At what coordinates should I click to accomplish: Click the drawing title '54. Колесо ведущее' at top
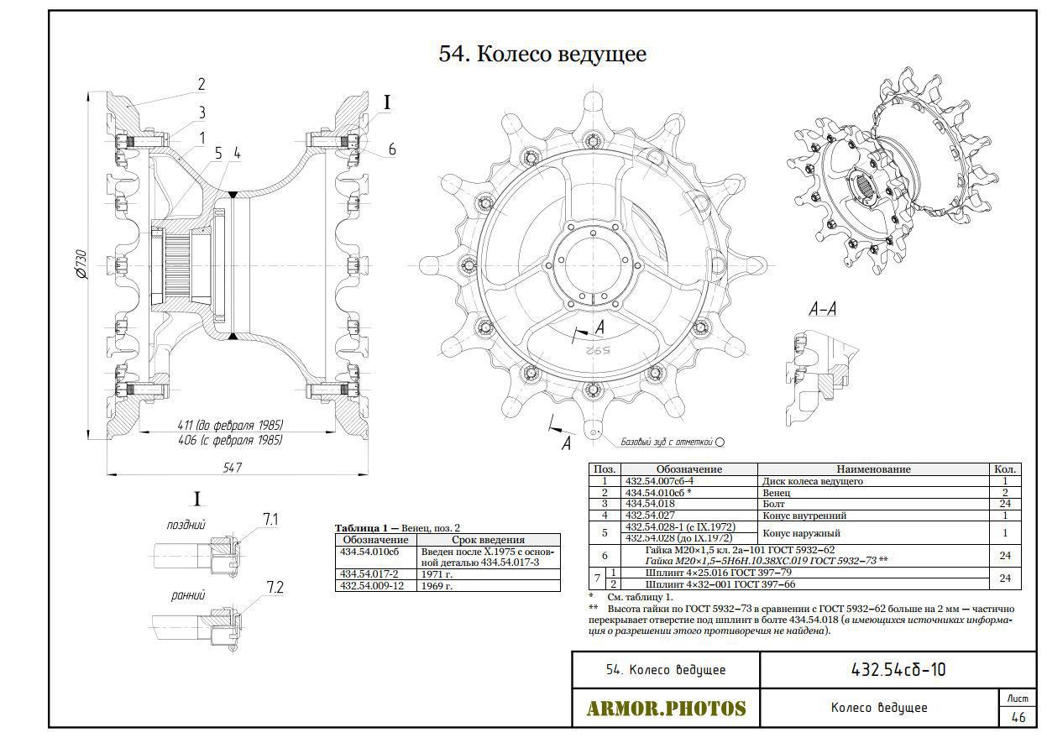[542, 55]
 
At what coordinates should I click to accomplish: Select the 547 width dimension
[233, 468]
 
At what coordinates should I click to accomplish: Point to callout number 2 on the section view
[202, 85]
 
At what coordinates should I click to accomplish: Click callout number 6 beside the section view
[391, 150]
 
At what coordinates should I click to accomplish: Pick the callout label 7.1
[270, 520]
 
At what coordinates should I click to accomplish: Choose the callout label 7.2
[275, 588]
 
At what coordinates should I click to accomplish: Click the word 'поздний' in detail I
[186, 525]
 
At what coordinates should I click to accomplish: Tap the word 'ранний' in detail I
[188, 595]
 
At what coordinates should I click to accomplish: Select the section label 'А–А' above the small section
[823, 310]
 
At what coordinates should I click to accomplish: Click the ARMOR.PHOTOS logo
[666, 708]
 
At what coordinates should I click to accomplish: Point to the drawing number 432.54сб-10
[898, 670]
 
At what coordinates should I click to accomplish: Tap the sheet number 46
[1018, 717]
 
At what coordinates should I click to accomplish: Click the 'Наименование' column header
[873, 469]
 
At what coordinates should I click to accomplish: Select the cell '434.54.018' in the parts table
[650, 504]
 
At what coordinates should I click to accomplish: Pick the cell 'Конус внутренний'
[804, 516]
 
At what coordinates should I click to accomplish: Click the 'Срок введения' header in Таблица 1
[488, 540]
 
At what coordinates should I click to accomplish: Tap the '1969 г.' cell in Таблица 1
[437, 586]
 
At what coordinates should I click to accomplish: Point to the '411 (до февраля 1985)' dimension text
[230, 425]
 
